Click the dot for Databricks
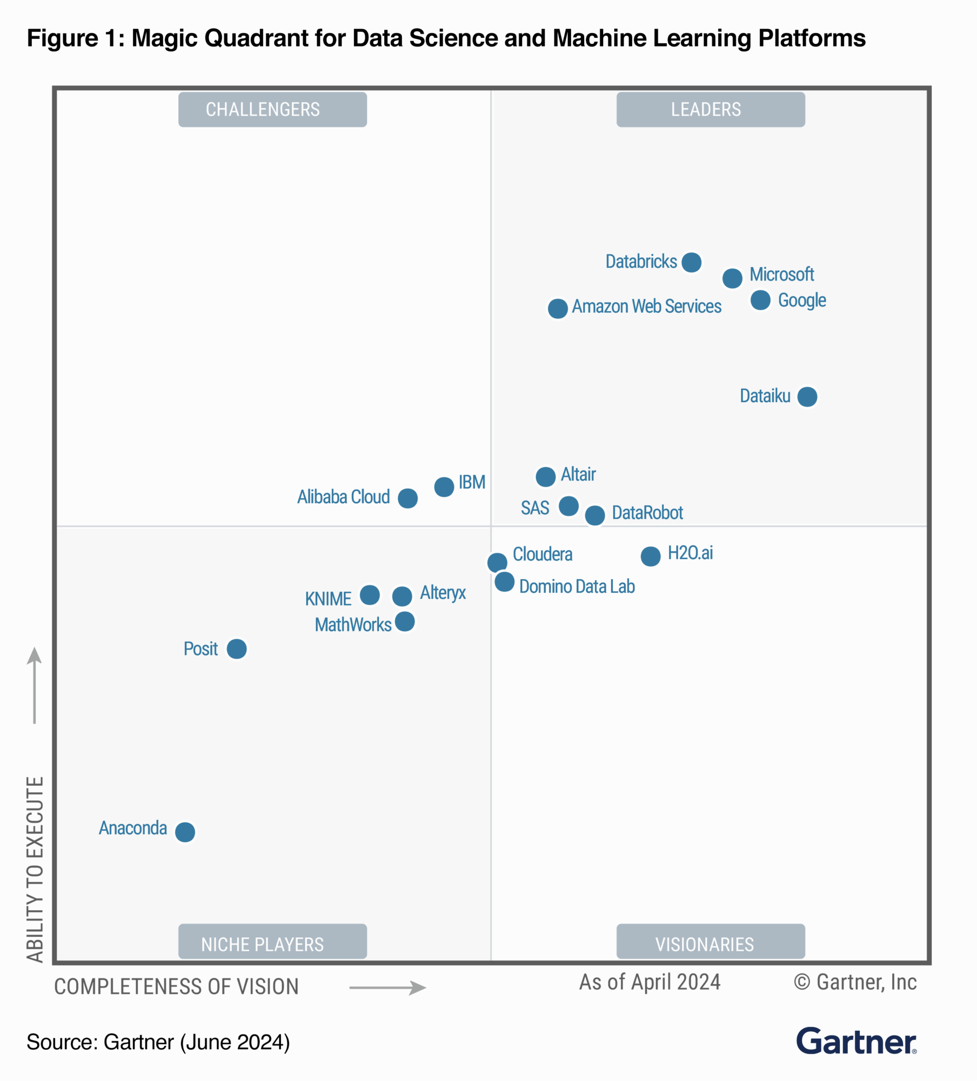(x=691, y=262)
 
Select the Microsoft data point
(x=732, y=278)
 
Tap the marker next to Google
(x=760, y=300)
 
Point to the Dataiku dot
(x=807, y=397)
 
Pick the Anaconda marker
(x=185, y=832)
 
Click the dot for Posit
(x=237, y=649)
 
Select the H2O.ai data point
(x=651, y=556)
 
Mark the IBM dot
(x=444, y=487)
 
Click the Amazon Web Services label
(x=646, y=306)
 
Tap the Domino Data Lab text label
(x=577, y=586)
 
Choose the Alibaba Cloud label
(x=343, y=497)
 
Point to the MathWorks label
(x=353, y=625)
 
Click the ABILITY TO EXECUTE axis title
(x=35, y=870)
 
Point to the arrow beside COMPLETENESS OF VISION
(x=387, y=988)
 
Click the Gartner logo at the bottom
(x=856, y=1042)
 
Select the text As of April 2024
(x=650, y=982)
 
